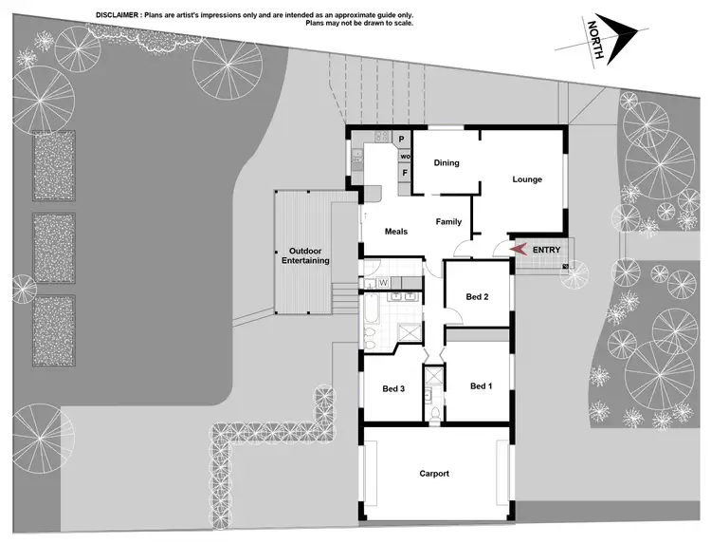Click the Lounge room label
pyautogui.click(x=527, y=178)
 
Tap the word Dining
pyautogui.click(x=447, y=162)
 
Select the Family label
pyautogui.click(x=448, y=221)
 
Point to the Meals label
pyautogui.click(x=395, y=231)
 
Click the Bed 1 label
pyautogui.click(x=481, y=385)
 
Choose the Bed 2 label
pyautogui.click(x=477, y=296)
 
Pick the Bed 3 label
pyautogui.click(x=393, y=389)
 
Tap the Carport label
pyautogui.click(x=434, y=473)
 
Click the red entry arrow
pyautogui.click(x=517, y=249)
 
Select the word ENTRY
pyautogui.click(x=547, y=250)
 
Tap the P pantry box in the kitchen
pyautogui.click(x=401, y=139)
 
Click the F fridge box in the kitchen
pyautogui.click(x=404, y=173)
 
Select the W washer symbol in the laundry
pyautogui.click(x=383, y=282)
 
